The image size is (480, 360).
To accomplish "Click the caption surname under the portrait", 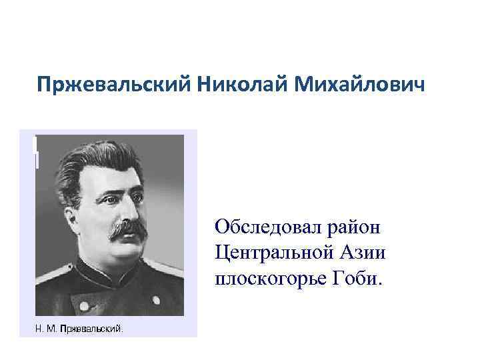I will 92,328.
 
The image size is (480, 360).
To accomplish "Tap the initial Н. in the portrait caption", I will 39,328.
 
